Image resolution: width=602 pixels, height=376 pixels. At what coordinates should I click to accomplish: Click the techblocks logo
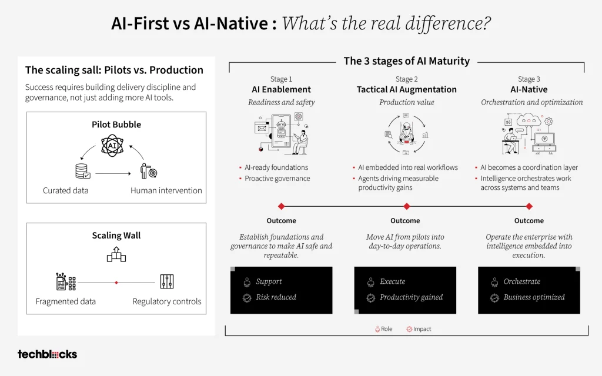[47, 354]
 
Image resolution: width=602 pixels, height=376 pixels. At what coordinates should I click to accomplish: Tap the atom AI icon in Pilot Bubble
[112, 146]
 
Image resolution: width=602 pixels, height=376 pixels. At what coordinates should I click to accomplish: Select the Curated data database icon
[82, 171]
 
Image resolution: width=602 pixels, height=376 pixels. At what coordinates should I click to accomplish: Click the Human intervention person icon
[149, 171]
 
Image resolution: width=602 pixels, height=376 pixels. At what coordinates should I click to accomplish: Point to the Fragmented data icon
[66, 281]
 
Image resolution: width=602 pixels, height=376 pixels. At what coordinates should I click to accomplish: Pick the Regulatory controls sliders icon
[166, 281]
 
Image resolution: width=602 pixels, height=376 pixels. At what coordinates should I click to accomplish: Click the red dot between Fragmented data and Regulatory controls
[116, 283]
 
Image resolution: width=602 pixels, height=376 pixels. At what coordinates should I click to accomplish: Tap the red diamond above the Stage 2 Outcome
[407, 206]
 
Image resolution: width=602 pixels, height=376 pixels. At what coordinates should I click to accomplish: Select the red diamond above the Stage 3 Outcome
[529, 206]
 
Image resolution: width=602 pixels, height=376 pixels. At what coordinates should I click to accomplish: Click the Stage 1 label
[281, 79]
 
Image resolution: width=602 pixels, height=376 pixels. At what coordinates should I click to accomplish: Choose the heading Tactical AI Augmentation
[407, 89]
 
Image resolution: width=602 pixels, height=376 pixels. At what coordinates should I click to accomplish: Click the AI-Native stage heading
[529, 89]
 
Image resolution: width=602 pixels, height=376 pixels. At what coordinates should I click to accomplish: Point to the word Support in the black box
[269, 281]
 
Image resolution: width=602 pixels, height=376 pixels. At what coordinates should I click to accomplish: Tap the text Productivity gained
[411, 297]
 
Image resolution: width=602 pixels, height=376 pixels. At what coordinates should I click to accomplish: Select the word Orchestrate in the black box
[522, 281]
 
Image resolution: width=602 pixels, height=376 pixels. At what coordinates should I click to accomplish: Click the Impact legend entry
[419, 329]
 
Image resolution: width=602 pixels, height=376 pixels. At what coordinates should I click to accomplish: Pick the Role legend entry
[383, 329]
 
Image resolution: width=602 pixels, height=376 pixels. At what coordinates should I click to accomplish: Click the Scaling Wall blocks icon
[116, 254]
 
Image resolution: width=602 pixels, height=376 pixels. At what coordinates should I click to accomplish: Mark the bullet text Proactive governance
[277, 179]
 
